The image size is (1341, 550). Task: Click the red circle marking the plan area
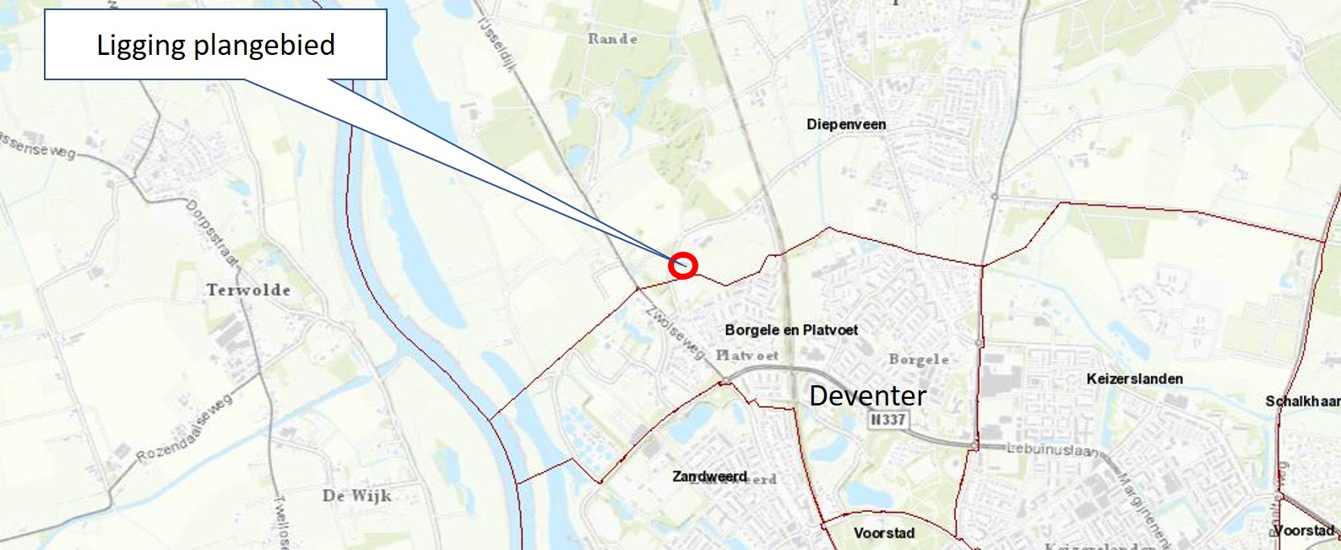[683, 265]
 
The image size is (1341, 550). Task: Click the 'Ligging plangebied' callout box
[215, 45]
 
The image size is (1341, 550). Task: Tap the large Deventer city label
[867, 395]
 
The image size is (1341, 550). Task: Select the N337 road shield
[888, 419]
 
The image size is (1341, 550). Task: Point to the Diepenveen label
[846, 124]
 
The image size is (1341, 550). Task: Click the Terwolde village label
[248, 290]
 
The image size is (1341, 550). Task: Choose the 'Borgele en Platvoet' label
[791, 330]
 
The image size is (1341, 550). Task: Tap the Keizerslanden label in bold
[1134, 378]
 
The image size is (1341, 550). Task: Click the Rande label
[612, 38]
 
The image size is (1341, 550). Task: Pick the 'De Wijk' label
[356, 495]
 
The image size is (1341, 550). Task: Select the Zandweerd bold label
[709, 476]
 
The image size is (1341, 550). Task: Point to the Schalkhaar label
[1301, 401]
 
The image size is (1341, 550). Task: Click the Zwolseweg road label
[675, 332]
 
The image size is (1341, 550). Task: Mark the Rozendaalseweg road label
[185, 429]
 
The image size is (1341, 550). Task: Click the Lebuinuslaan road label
[1052, 449]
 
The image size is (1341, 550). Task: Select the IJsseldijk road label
[496, 42]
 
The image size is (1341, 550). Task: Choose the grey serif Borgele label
[918, 359]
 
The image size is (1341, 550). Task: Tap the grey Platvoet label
[747, 355]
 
